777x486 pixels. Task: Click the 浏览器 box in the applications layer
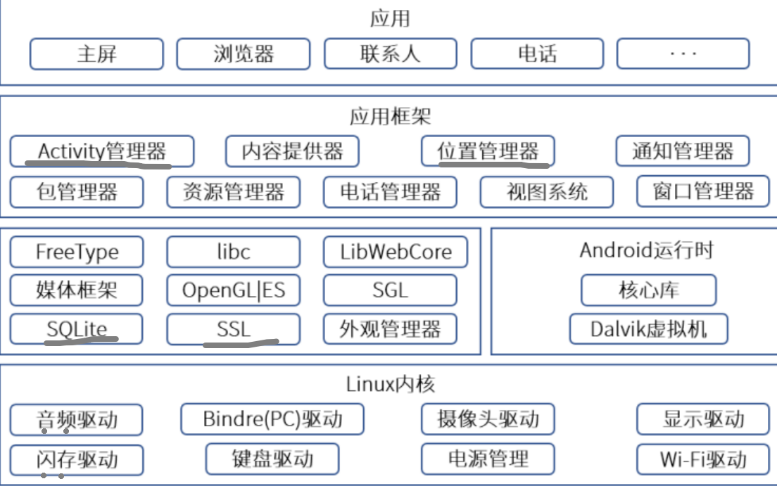tap(243, 54)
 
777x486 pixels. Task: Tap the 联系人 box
tap(390, 54)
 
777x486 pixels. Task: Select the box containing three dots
tap(683, 54)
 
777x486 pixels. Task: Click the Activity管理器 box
tap(102, 151)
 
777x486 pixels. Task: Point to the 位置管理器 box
tap(488, 151)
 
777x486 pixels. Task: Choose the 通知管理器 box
tap(682, 151)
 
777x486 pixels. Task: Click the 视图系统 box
tap(547, 192)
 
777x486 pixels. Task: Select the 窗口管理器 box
tap(703, 192)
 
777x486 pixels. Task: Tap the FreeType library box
tap(77, 252)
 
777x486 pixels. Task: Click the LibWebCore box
tap(395, 252)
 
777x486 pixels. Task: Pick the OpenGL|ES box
tap(233, 290)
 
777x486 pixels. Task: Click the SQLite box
tap(77, 328)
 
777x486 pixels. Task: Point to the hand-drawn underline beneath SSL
tap(241, 344)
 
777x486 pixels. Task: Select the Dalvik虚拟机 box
tap(648, 328)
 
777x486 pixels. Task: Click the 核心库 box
tap(648, 290)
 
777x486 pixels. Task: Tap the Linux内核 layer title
tap(390, 384)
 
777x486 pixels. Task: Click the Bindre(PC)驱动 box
tap(272, 420)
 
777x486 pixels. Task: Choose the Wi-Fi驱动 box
tap(702, 460)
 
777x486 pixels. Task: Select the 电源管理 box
tap(488, 460)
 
